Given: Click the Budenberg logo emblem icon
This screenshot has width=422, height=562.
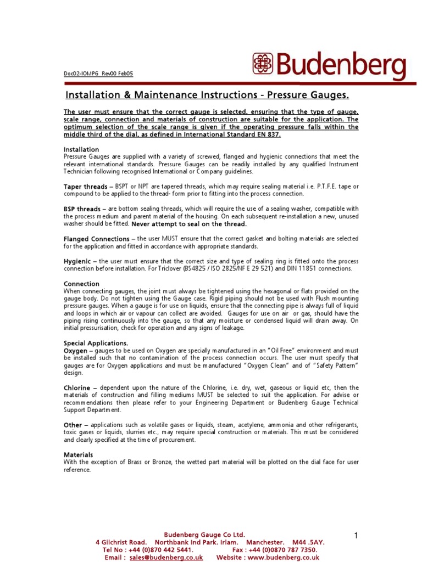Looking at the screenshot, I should pos(263,64).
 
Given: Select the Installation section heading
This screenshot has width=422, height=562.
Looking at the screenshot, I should pos(81,149).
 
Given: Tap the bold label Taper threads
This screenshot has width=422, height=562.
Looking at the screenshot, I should pos(85,187).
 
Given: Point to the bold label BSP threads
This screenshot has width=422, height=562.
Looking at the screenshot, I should pos(82,209).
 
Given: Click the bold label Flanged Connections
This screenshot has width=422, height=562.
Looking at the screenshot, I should pos(97,239).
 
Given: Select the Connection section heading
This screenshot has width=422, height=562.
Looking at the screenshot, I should pos(82,284).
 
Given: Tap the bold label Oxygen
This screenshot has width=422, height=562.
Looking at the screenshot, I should pos(76,350).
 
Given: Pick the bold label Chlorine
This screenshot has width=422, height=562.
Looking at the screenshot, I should pos(77,387).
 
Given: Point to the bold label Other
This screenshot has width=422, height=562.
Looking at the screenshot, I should pos(73,425).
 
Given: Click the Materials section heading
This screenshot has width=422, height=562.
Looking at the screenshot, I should pos(79,455).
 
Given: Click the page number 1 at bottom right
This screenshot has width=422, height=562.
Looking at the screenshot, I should pos(356,535).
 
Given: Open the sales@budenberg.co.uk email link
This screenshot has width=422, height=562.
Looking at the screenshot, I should pos(166,557).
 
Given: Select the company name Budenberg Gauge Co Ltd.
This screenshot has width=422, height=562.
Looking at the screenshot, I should pos(205,535).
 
